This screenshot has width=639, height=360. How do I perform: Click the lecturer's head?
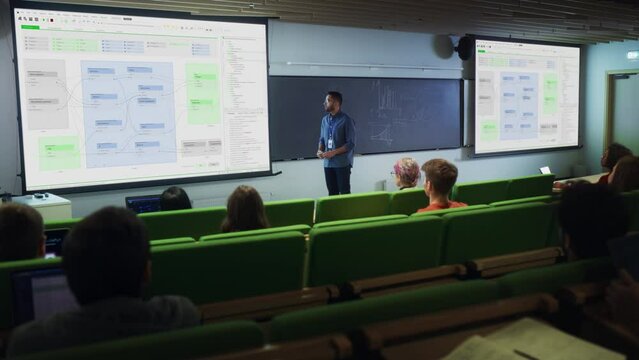(x=334, y=101)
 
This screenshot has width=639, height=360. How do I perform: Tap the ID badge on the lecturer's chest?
(x=331, y=142)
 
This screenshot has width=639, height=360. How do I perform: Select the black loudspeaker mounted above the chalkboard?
(x=463, y=47)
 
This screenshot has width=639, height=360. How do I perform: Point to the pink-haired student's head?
(x=406, y=171)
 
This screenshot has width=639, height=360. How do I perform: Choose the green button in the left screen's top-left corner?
(x=30, y=27)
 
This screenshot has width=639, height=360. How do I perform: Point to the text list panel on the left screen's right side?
(x=244, y=100)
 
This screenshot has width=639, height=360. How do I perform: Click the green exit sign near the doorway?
(x=632, y=55)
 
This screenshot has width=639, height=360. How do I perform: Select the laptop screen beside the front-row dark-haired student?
(x=142, y=204)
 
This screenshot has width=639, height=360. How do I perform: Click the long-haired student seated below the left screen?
(x=244, y=209)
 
